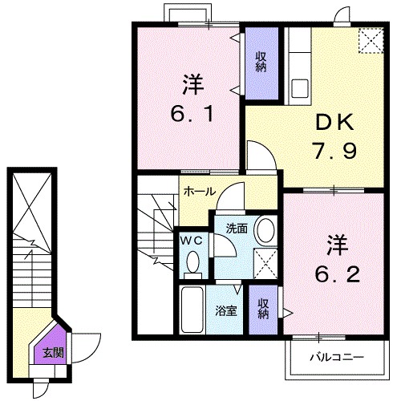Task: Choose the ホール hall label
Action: point(199,192)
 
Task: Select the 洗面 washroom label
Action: point(236,228)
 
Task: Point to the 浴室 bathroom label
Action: point(226,310)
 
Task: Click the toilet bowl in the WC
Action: point(192,261)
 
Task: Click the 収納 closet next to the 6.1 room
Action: point(261,62)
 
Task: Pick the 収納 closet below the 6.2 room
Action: point(262,309)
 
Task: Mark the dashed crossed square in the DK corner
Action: point(370,41)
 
